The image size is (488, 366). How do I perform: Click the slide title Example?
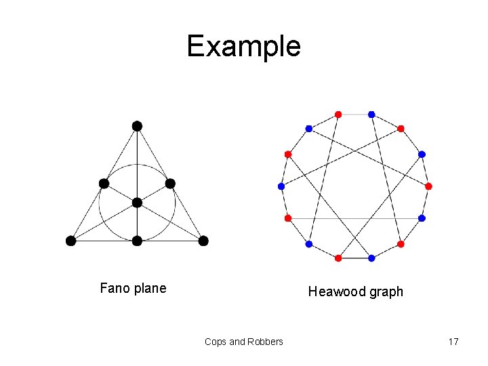coord(243,46)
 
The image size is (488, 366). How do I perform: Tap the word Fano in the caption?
coord(115,288)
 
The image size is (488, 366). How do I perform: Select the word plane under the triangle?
coord(150,289)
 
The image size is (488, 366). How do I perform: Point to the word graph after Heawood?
coord(386,292)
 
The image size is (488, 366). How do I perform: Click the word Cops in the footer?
coord(216,342)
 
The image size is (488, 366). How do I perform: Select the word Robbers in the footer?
coord(265,342)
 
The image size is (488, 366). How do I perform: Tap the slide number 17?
coord(453,342)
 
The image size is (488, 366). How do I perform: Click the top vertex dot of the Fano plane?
coord(137,125)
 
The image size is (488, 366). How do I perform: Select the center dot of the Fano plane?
coord(137,203)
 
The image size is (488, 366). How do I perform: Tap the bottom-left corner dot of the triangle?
coord(70,241)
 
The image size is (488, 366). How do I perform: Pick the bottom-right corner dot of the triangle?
coord(203,241)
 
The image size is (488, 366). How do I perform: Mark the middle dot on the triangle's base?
coord(137,241)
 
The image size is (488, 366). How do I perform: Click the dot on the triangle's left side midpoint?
coord(104,183)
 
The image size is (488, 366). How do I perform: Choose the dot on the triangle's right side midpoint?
coord(170,183)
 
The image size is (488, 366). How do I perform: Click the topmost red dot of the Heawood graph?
coord(338,114)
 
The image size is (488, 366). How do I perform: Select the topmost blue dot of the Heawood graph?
coord(371,114)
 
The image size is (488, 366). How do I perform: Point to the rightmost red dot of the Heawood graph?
coord(428,186)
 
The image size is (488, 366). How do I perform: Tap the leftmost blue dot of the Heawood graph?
coord(281,186)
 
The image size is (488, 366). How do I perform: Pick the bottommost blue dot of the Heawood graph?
coord(371,258)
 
